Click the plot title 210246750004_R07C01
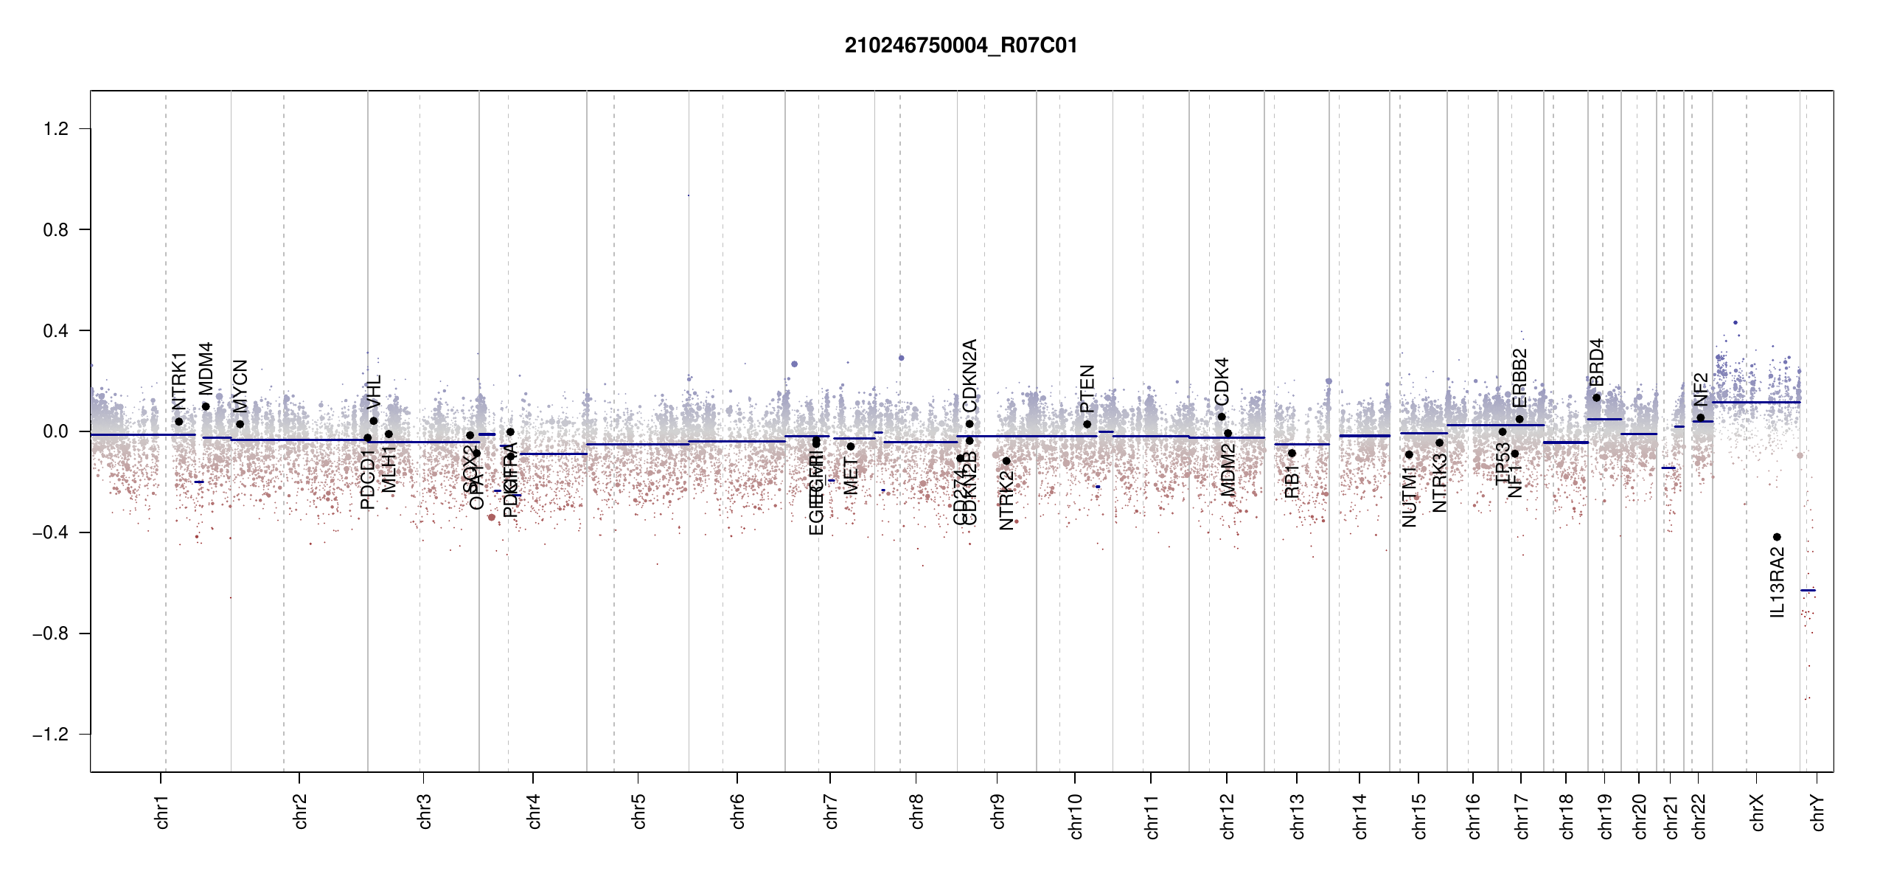[961, 46]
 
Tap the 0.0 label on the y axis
[56, 431]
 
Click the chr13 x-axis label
[1298, 816]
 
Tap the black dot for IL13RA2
[1777, 537]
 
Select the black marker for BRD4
[1596, 398]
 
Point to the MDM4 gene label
[206, 368]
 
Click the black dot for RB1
[1292, 453]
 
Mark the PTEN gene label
[1087, 389]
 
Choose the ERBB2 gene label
[1519, 378]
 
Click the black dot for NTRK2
[1006, 461]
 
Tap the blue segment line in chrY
[1808, 590]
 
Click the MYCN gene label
[240, 386]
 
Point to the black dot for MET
[851, 446]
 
